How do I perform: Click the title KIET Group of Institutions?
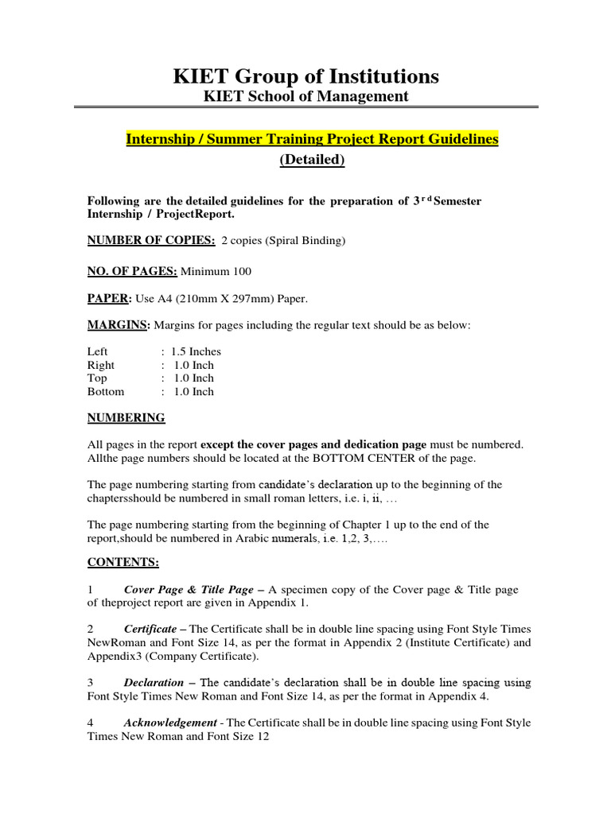coord(305,76)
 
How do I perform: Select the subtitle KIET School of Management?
coord(305,96)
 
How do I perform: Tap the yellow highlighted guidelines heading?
coord(312,139)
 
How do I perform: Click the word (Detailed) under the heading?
coord(312,160)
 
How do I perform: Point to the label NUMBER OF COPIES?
coord(140,240)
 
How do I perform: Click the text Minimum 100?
coord(216,272)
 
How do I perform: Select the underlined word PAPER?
coord(107,299)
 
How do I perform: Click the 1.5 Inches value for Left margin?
coord(196,351)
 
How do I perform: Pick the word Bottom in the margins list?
coord(106,391)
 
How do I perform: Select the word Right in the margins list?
coord(101,365)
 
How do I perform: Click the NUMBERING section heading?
coord(126,417)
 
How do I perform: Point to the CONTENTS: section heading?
coord(123,563)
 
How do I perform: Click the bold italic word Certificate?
coord(150,629)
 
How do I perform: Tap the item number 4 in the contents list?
coord(91,723)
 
